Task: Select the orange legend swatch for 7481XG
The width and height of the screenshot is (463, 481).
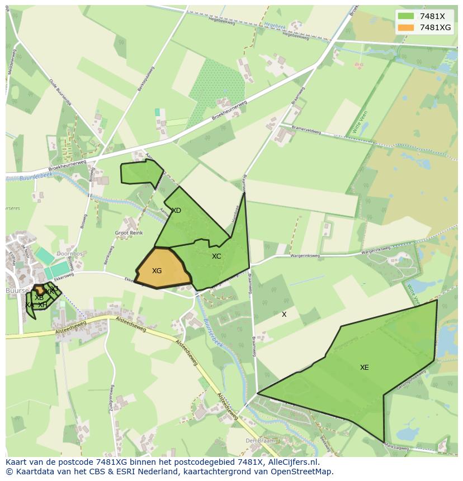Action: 407,27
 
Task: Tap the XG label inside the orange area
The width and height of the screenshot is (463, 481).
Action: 157,271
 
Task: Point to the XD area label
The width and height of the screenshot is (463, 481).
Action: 176,211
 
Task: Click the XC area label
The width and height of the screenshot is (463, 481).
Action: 216,256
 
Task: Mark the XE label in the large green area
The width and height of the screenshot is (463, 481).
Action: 364,368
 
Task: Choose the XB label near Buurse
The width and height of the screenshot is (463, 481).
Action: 39,298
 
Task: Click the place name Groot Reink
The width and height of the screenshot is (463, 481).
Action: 129,233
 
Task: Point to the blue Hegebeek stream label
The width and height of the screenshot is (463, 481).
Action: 274,25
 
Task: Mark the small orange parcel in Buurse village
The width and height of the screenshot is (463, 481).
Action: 40,290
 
